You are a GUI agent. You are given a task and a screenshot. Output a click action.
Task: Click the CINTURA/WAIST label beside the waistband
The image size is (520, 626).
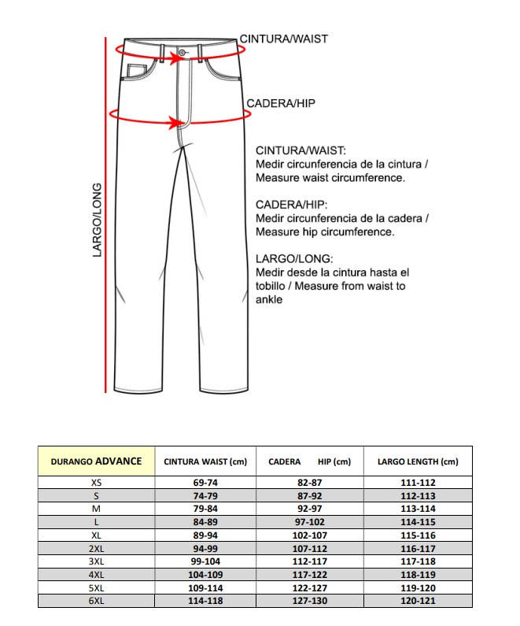coord(283,39)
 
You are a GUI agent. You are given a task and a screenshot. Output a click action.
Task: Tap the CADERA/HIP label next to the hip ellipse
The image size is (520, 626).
coord(281,104)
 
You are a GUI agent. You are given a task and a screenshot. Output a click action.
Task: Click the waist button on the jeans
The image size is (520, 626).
coord(183,53)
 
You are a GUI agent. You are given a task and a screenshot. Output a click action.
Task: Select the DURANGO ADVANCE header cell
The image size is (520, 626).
coord(96,461)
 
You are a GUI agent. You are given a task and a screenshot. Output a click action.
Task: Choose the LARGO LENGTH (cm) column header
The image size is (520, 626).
coord(418,462)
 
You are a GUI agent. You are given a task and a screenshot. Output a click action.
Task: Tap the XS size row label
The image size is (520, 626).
coord(96,483)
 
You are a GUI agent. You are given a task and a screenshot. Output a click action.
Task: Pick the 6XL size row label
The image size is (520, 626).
coord(96,601)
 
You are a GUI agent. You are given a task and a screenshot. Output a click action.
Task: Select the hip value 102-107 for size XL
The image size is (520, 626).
coord(309,535)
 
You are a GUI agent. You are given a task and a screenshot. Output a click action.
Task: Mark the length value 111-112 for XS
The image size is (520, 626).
coord(418,483)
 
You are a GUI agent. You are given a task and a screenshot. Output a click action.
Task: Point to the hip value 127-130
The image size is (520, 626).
coord(309,601)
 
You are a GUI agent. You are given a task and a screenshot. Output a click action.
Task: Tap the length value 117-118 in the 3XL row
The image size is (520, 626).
coord(418,561)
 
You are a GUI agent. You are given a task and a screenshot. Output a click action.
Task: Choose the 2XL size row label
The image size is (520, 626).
coord(96,548)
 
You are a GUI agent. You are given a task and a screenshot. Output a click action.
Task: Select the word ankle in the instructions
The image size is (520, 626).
coord(269,299)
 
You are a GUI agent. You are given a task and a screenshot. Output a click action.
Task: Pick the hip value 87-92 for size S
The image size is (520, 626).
coord(309,496)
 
